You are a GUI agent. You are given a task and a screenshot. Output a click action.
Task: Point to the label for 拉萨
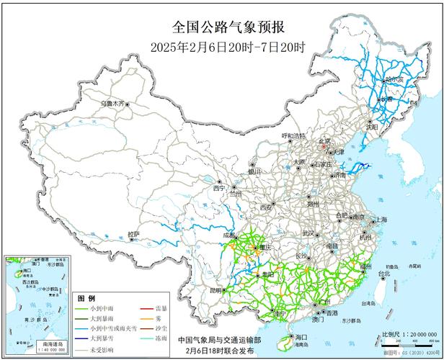[x=134, y=234]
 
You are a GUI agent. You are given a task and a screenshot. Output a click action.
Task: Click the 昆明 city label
[x=216, y=290]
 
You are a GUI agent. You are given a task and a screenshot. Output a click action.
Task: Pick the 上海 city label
[x=380, y=220]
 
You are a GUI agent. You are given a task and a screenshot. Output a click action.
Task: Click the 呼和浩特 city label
[x=293, y=135]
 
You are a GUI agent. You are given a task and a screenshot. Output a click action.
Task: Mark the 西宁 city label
[x=219, y=188]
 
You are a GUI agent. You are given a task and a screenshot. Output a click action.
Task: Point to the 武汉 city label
[x=308, y=233]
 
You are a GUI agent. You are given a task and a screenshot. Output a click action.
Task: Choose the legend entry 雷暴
[x=164, y=307]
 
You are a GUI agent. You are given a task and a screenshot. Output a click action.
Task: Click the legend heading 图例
[x=86, y=297]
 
